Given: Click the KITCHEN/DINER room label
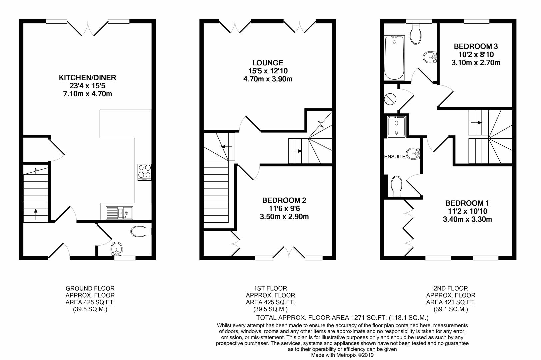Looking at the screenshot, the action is pyautogui.click(x=87, y=78).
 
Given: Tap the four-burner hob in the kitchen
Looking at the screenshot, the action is pyautogui.click(x=144, y=172).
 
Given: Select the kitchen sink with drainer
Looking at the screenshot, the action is pyautogui.click(x=119, y=213).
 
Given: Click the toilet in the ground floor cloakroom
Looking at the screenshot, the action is pyautogui.click(x=141, y=231).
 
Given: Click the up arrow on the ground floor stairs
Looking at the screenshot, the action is pyautogui.click(x=36, y=214).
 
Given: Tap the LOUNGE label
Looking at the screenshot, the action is pyautogui.click(x=268, y=63).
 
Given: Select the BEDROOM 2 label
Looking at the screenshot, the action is pyautogui.click(x=284, y=200).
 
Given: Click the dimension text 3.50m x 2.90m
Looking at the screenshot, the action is pyautogui.click(x=284, y=217).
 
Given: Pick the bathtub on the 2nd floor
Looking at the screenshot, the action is pyautogui.click(x=394, y=58).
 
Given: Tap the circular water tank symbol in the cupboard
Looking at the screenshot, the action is pyautogui.click(x=390, y=99).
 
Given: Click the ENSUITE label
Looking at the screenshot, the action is pyautogui.click(x=395, y=156).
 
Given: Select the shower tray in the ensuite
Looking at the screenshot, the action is pyautogui.click(x=396, y=127).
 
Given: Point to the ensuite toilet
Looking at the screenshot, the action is pyautogui.click(x=396, y=186).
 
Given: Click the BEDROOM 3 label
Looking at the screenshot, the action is pyautogui.click(x=476, y=46).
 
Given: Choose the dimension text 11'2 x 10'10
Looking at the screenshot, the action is pyautogui.click(x=468, y=211).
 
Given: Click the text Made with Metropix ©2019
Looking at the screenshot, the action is pyautogui.click(x=342, y=355).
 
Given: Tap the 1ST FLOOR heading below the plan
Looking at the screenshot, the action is pyautogui.click(x=270, y=288).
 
